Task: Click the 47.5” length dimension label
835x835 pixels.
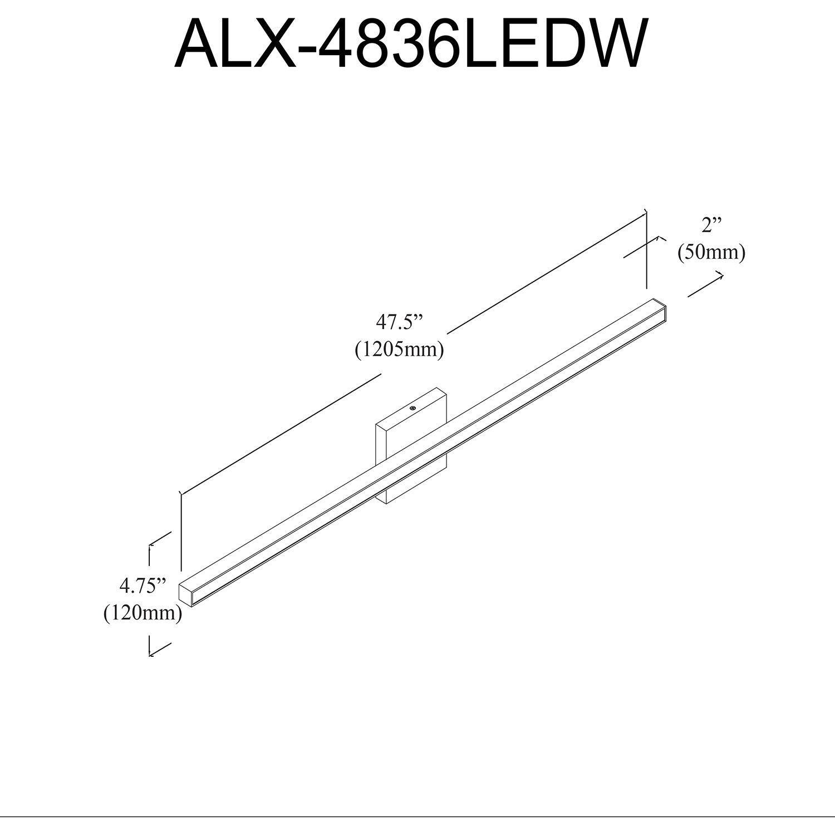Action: pos(399,323)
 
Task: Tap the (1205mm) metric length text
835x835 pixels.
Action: pos(399,350)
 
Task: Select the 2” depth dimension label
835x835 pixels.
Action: pos(711,226)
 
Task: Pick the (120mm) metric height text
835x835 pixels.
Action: pos(143,613)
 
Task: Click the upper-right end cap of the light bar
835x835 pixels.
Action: pos(660,312)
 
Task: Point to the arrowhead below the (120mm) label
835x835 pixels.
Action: pos(151,652)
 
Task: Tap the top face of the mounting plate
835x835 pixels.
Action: pos(412,409)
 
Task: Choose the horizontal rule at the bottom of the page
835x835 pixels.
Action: pos(417,817)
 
